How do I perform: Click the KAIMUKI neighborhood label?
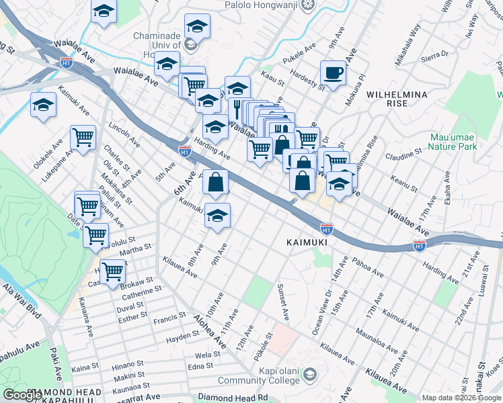point(307,241)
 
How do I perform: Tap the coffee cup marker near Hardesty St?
point(332,73)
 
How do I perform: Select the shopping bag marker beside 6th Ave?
point(215,181)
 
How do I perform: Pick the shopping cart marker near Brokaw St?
point(112,271)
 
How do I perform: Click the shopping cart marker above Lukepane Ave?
point(83,138)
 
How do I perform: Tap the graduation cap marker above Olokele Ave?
point(43,105)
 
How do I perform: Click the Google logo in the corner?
point(23,395)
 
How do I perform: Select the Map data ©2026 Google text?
point(461,398)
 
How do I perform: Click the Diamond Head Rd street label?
point(233,397)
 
